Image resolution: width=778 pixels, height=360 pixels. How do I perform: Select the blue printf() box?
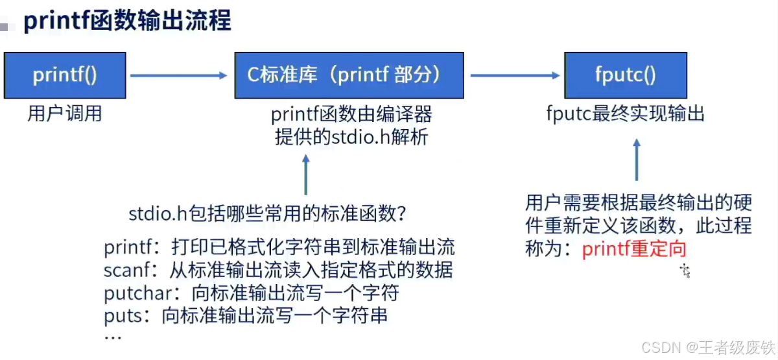pyautogui.click(x=65, y=76)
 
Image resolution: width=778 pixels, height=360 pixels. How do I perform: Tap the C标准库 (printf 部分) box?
pyautogui.click(x=349, y=75)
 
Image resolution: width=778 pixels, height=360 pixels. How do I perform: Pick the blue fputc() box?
pyautogui.click(x=626, y=75)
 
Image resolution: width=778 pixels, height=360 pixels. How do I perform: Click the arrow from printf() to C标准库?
pyautogui.click(x=179, y=76)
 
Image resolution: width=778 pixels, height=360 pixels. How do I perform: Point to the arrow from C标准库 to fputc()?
pyautogui.click(x=515, y=76)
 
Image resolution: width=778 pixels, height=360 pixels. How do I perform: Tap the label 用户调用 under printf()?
pyautogui.click(x=65, y=114)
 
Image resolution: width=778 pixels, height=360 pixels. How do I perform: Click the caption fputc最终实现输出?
pyautogui.click(x=626, y=115)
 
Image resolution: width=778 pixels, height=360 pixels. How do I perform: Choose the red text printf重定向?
pyautogui.click(x=634, y=249)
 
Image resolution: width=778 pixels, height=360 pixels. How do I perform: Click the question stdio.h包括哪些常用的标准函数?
pyautogui.click(x=268, y=213)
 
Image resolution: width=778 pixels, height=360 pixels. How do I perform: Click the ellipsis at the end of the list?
pyautogui.click(x=113, y=337)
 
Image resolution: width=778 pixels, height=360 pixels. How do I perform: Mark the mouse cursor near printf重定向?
pyautogui.click(x=684, y=270)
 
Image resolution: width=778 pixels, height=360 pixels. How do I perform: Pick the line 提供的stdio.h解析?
pyautogui.click(x=351, y=137)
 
